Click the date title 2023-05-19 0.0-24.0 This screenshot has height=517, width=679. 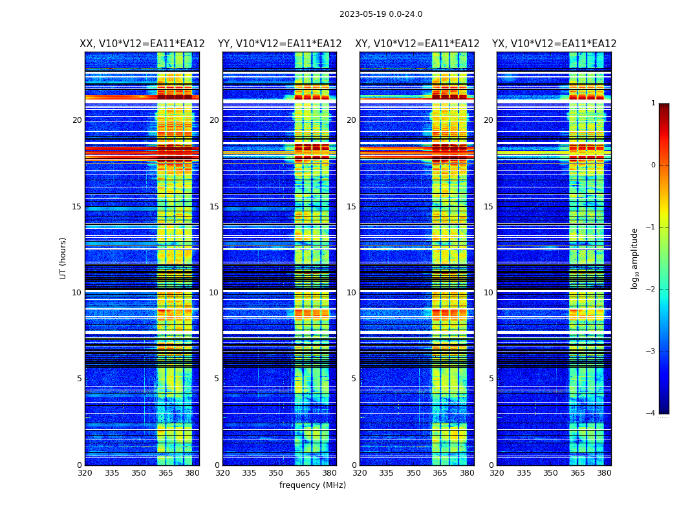[x=381, y=14]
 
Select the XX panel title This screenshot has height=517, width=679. [x=142, y=44]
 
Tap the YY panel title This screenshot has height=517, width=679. [x=279, y=44]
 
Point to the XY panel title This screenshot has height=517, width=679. [x=417, y=44]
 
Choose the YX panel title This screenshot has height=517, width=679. [x=554, y=44]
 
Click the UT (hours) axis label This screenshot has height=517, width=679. [x=63, y=258]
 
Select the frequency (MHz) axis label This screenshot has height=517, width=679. [x=312, y=485]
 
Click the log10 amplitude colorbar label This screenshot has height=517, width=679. [x=635, y=258]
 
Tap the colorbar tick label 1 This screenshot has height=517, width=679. [x=653, y=103]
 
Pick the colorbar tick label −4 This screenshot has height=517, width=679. [x=651, y=414]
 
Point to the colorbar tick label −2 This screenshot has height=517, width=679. [x=651, y=290]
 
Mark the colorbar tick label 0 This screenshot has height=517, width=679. [x=653, y=165]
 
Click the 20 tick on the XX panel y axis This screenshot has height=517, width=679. [x=77, y=120]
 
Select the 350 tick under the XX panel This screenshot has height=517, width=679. [x=138, y=473]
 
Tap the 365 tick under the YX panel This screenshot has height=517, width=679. [x=577, y=473]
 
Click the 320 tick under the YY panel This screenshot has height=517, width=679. [x=222, y=473]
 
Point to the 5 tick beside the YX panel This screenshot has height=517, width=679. [x=491, y=379]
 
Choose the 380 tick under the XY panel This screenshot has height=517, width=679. [x=467, y=473]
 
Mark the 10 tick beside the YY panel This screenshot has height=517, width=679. [x=214, y=293]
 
